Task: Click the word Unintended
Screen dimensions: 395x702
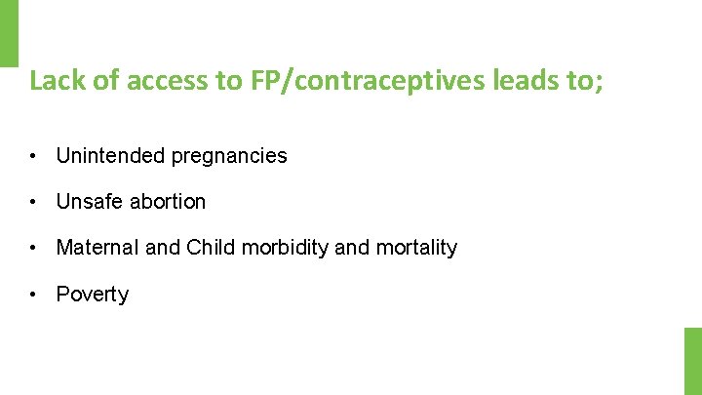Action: [x=109, y=156]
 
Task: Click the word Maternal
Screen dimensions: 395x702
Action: [x=97, y=248]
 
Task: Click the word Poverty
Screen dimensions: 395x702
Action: [x=93, y=295]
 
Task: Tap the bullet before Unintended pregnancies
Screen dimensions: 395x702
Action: [x=33, y=156]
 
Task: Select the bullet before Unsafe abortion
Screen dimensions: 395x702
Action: [x=33, y=202]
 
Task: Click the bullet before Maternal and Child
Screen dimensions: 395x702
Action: [x=33, y=248]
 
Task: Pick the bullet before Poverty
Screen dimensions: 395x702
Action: [x=33, y=295]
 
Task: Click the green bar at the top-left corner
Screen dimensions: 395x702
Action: [x=9, y=32]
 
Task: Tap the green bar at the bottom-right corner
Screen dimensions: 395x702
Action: [x=692, y=360]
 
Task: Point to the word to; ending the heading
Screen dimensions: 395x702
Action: [x=584, y=80]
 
